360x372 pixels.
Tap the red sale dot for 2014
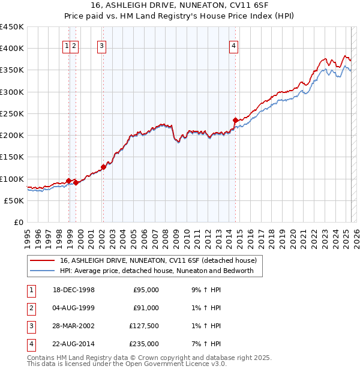pyautogui.click(x=235, y=120)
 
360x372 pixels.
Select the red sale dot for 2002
pyautogui.click(x=103, y=167)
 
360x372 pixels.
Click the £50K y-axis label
pyautogui.click(x=14, y=201)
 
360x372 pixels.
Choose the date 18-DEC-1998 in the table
pyautogui.click(x=74, y=290)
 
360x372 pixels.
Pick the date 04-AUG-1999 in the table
pyautogui.click(x=74, y=308)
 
